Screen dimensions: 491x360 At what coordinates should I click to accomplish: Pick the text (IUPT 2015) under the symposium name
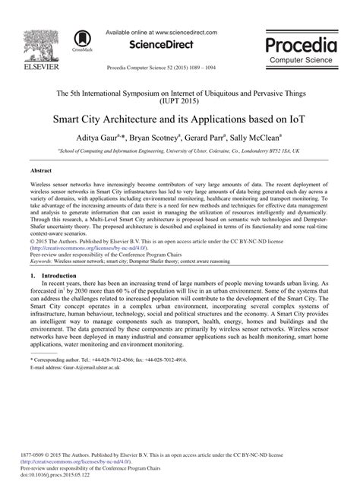180,100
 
